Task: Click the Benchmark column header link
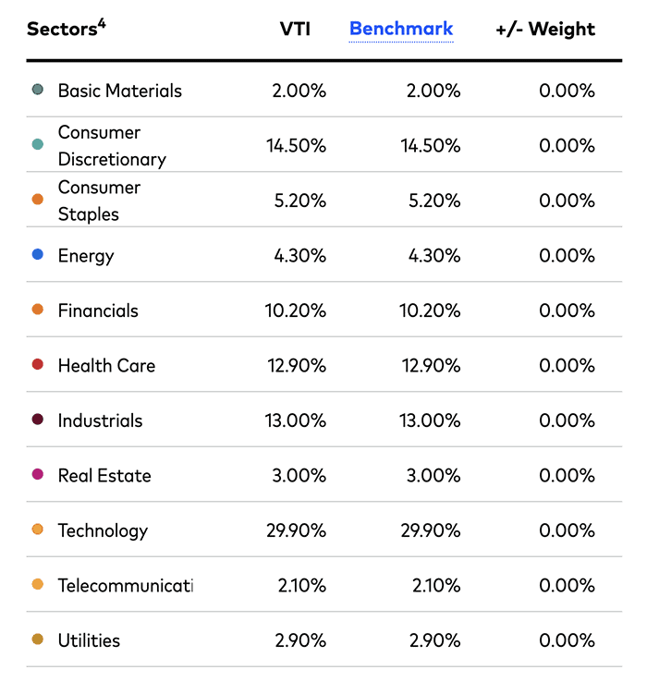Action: pos(401,29)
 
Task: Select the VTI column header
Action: pos(295,29)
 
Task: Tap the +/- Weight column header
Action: pos(545,29)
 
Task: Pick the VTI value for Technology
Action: pos(295,530)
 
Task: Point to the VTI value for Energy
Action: pos(300,256)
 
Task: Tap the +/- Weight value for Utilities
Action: pos(566,640)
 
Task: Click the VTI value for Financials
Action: pos(295,310)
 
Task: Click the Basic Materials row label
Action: pos(119,91)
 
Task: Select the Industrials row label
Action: pos(100,420)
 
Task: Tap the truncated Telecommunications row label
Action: pos(125,586)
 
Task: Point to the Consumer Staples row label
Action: pos(99,201)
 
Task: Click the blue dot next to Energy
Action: pos(38,254)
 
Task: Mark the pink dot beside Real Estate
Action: pos(38,474)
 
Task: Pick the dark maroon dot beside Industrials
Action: pos(38,420)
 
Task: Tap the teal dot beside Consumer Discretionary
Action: pos(38,144)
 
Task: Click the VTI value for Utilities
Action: pos(300,640)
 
